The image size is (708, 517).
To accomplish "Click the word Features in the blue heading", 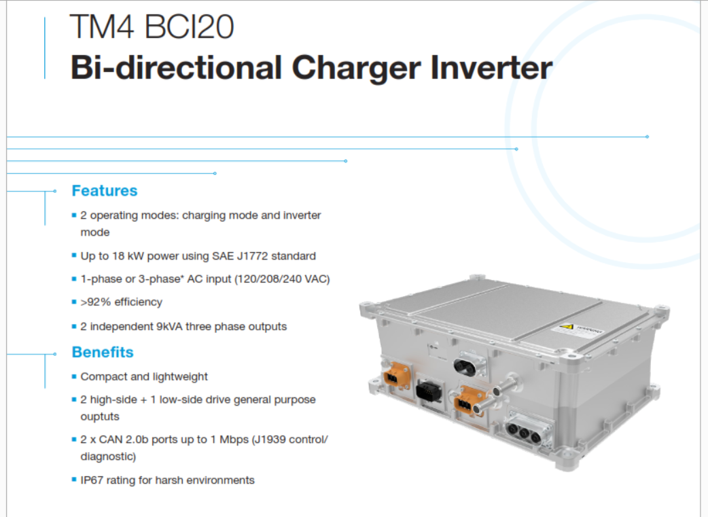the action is click(x=105, y=190).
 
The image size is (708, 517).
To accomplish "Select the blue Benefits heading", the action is click(x=103, y=352).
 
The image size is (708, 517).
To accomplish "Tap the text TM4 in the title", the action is click(x=102, y=26).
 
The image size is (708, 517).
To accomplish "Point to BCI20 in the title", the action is click(x=189, y=26).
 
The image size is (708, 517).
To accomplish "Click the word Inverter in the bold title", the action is click(x=491, y=68).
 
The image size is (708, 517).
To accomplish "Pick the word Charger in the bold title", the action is click(x=356, y=69).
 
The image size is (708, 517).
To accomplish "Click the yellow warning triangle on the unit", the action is click(x=566, y=327).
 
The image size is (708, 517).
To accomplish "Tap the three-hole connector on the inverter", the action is click(x=524, y=433).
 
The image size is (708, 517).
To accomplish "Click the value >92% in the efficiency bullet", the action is click(x=96, y=302).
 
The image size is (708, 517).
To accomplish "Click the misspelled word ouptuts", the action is click(x=100, y=416).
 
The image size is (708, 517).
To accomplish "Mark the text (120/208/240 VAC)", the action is click(x=282, y=279).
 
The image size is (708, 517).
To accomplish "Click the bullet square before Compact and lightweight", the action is click(x=74, y=376).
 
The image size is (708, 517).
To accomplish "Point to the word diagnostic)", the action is click(x=108, y=457).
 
